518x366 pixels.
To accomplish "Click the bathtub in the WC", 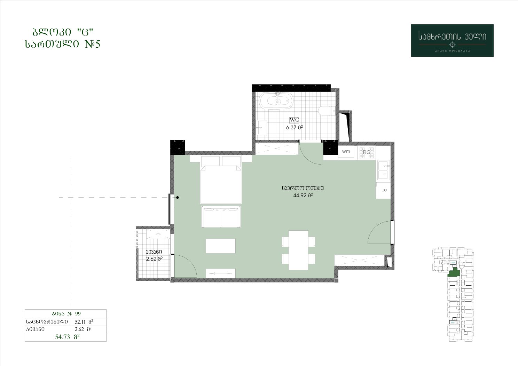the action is (x=276, y=101).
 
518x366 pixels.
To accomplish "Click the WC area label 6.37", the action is (x=295, y=127).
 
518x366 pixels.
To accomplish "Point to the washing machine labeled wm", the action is (x=346, y=152).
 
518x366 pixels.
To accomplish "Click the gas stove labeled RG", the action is (x=367, y=152).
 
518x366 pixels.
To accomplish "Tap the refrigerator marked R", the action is (x=384, y=190).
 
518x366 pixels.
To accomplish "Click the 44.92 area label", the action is (x=303, y=196).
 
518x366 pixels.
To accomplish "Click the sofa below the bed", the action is (x=221, y=217).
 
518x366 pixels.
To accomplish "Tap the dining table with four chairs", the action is (x=298, y=250).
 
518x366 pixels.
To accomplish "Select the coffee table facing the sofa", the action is (x=221, y=246).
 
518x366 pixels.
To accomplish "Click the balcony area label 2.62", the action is (x=154, y=259).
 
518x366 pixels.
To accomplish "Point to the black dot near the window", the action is (x=178, y=198).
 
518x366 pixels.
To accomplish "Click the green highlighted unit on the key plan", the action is (x=454, y=273).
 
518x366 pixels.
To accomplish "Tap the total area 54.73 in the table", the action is (x=67, y=337).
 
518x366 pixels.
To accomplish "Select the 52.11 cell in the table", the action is (x=84, y=321).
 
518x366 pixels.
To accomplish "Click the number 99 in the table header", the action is (x=78, y=313).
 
